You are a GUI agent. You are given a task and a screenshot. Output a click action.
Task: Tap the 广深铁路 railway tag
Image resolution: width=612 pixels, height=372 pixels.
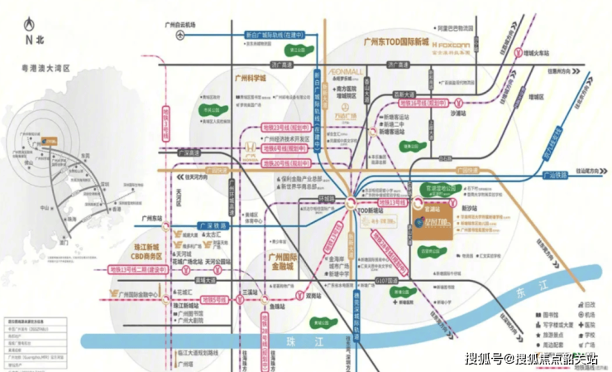click(213, 202)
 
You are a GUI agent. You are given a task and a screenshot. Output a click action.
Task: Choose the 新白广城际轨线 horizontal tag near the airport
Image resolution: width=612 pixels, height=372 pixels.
click(270, 34)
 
